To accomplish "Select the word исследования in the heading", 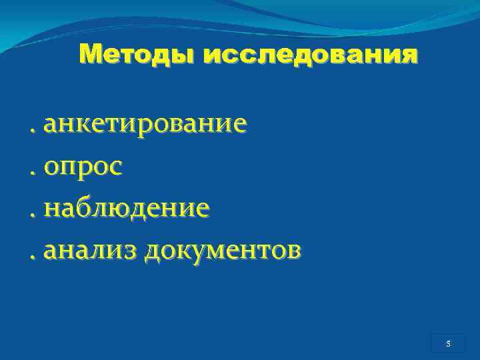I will coord(311,55).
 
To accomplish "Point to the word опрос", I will coord(83,167).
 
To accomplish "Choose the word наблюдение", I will coord(127,208).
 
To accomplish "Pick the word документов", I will coord(222,250).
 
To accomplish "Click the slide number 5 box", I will coord(448,344).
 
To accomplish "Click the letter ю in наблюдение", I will coord(125,209).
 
